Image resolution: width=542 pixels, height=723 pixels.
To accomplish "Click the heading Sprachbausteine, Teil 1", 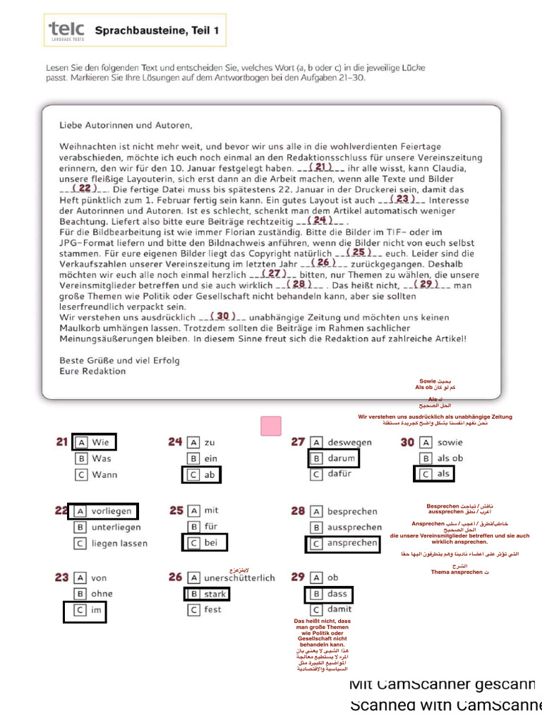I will (x=157, y=30).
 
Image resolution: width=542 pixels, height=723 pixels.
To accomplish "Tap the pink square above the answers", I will (x=271, y=426).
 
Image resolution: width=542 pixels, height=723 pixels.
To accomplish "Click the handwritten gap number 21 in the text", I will (x=321, y=167).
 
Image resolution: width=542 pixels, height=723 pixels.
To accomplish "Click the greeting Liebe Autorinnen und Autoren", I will (x=126, y=126).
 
